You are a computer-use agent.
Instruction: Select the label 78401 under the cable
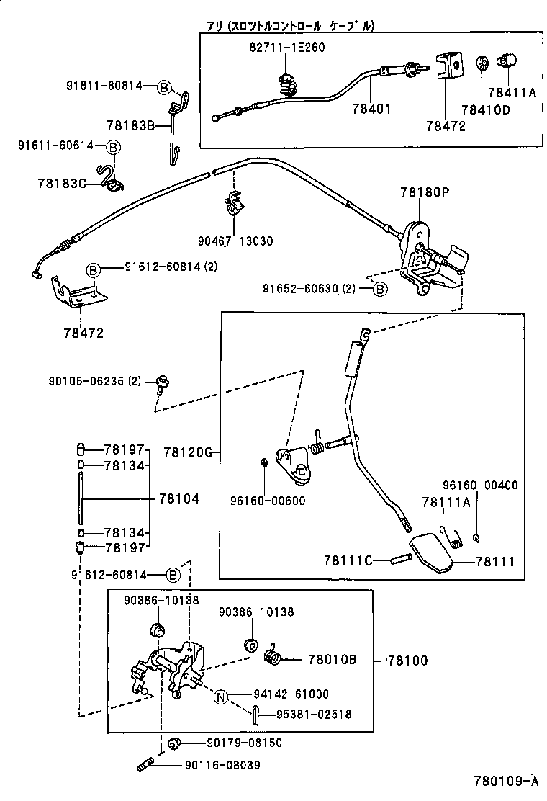(x=371, y=109)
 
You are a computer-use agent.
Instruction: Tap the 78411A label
(x=512, y=92)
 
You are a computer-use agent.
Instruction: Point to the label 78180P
(x=425, y=192)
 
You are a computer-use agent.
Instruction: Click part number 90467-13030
(x=235, y=241)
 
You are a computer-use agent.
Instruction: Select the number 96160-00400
(x=479, y=485)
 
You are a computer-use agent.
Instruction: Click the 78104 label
(x=178, y=498)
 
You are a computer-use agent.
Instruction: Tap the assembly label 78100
(x=408, y=660)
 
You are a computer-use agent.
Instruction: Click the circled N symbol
(x=222, y=695)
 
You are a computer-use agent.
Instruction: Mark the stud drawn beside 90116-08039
(x=145, y=764)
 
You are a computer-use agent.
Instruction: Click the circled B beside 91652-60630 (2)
(x=379, y=289)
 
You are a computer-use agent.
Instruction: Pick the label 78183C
(x=61, y=183)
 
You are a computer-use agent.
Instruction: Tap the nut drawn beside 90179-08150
(x=173, y=743)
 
